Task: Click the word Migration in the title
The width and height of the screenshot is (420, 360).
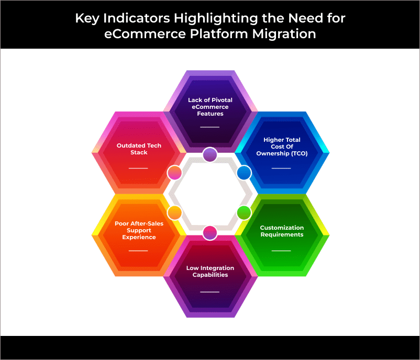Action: pos(284,34)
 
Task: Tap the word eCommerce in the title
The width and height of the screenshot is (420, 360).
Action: pos(145,34)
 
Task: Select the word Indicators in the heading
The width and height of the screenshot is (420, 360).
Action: pos(137,18)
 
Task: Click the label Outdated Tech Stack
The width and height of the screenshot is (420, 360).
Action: pos(139,149)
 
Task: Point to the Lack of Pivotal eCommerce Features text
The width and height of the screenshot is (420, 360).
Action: pos(210,107)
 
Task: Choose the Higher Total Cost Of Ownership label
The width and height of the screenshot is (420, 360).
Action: pos(282,147)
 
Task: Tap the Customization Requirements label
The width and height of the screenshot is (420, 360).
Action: pos(282,231)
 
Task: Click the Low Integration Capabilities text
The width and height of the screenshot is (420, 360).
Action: pos(210,272)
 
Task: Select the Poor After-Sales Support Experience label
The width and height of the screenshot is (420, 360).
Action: pos(139,230)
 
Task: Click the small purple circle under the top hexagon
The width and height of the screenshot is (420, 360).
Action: pos(210,154)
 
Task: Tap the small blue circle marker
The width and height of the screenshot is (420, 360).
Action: pos(244,173)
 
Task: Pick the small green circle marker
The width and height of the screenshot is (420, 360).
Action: pos(244,213)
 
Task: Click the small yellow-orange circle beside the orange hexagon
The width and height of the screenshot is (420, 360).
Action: pos(174,213)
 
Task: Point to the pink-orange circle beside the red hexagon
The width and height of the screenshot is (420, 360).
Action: pos(174,173)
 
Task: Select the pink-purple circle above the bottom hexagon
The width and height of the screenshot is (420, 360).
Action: pos(210,233)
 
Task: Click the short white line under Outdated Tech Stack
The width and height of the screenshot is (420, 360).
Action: pos(138,168)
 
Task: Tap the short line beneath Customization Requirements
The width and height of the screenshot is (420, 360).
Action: pos(281,251)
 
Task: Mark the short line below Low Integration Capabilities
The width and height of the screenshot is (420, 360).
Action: pos(209,292)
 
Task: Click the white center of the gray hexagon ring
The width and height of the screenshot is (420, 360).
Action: pos(210,193)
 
